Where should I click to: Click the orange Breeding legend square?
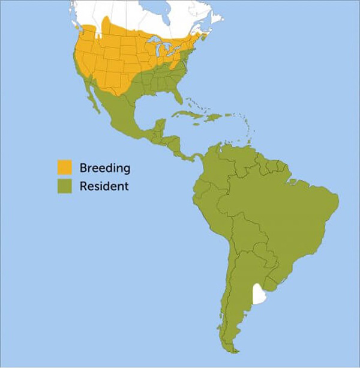(64, 167)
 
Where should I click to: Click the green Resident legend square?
(64, 186)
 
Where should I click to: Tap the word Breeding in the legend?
(104, 167)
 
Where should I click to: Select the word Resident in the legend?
(104, 186)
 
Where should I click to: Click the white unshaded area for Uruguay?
(259, 294)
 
